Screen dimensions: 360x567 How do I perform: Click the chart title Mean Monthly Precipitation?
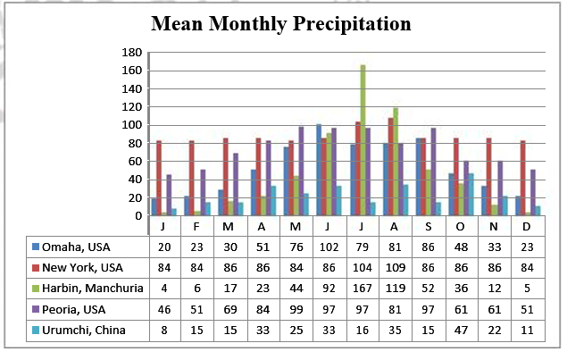click(x=281, y=23)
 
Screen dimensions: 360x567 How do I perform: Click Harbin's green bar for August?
click(x=396, y=162)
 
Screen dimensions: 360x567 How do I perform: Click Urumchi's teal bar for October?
click(x=471, y=195)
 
